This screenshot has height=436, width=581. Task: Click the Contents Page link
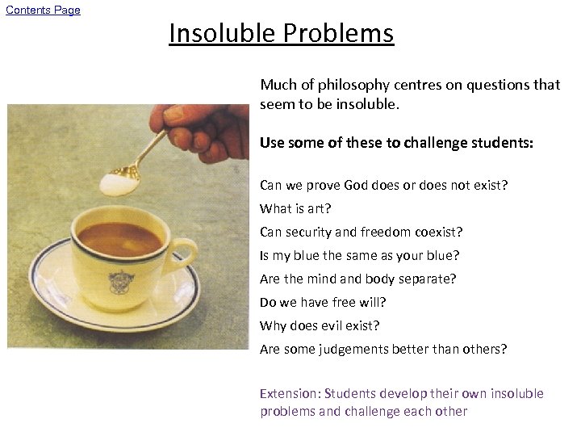pyautogui.click(x=43, y=10)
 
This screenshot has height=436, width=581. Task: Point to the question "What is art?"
pyautogui.click(x=295, y=208)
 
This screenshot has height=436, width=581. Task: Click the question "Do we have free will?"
pyautogui.click(x=323, y=302)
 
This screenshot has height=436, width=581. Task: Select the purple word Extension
pyautogui.click(x=289, y=393)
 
